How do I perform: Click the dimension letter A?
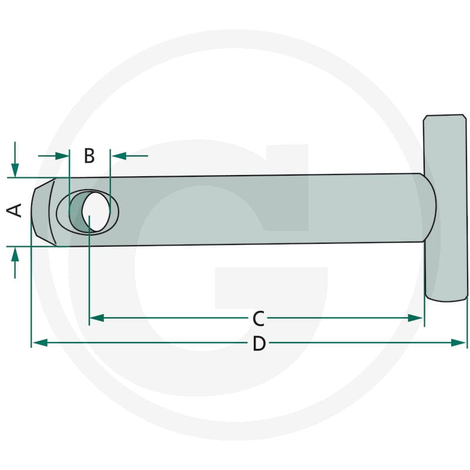(14, 210)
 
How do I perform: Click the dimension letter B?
(89, 156)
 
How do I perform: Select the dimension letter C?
(258, 318)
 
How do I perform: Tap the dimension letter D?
(259, 344)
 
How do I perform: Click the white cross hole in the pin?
(96, 211)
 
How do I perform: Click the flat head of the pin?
(445, 208)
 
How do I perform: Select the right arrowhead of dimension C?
(415, 318)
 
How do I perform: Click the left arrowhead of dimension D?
(40, 343)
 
